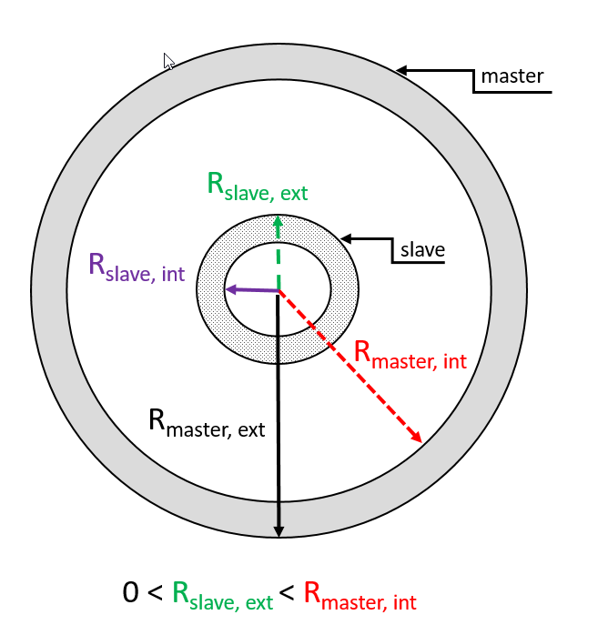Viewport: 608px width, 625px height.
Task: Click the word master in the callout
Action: click(512, 76)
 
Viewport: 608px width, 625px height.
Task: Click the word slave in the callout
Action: click(421, 248)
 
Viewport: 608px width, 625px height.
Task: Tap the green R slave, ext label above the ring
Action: click(258, 186)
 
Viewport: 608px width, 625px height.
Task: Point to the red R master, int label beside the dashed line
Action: click(409, 356)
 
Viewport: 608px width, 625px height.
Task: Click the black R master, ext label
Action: click(207, 423)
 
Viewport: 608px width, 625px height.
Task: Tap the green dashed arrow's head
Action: click(278, 221)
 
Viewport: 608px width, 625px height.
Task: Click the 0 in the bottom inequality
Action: click(131, 593)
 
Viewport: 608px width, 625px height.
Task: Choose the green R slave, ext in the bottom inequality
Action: click(222, 596)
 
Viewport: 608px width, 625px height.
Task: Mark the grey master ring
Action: click(49, 291)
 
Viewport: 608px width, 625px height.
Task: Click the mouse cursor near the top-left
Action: click(168, 61)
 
